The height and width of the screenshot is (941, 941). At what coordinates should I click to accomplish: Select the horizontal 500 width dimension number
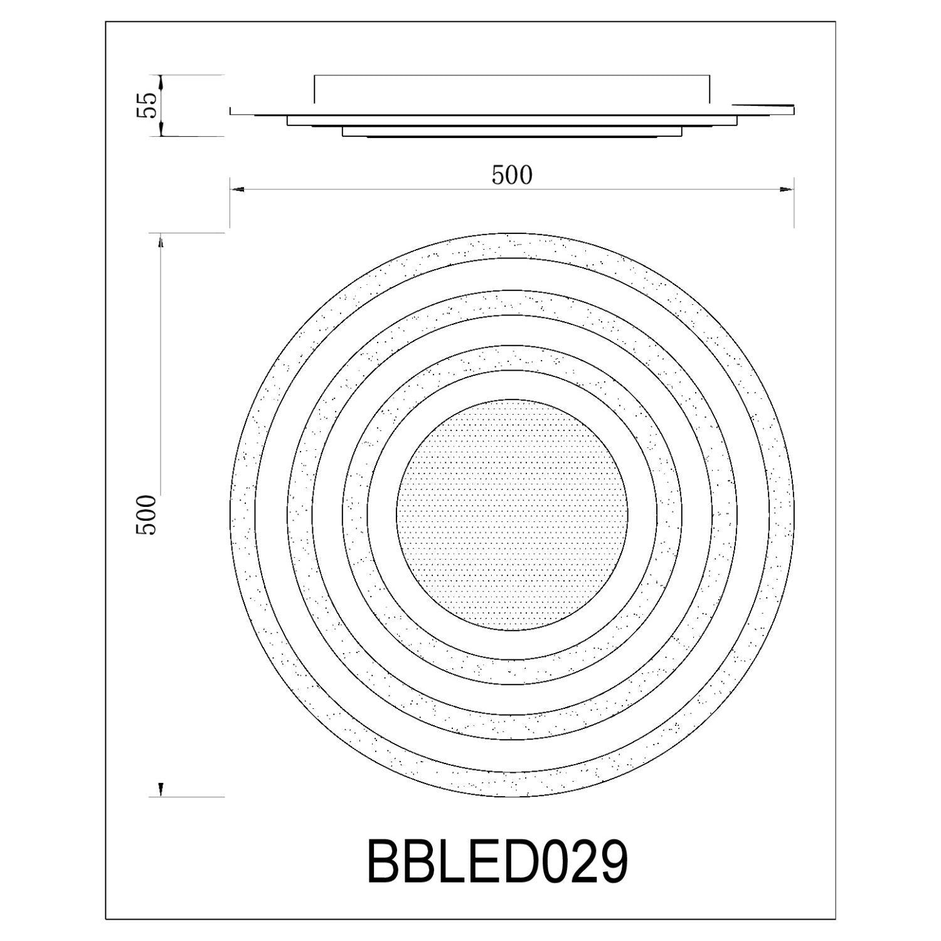pos(512,176)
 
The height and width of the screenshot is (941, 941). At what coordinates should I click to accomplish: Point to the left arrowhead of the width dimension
pos(237,189)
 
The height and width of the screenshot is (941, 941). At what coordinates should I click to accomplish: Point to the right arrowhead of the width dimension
pos(787,189)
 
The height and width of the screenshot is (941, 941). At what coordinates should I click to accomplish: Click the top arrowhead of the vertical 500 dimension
pos(161,242)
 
